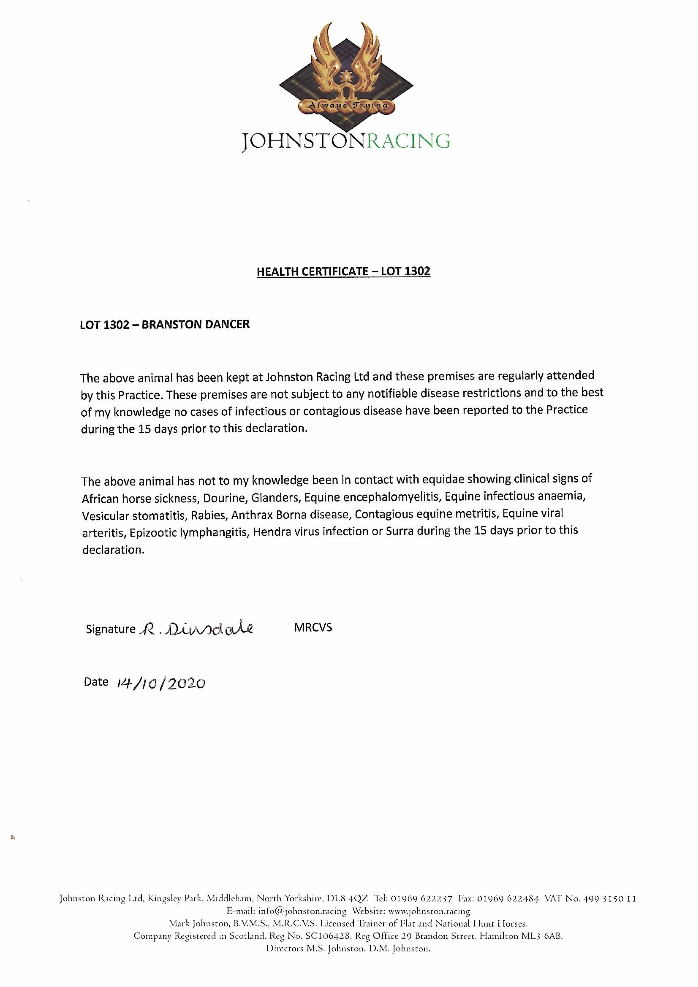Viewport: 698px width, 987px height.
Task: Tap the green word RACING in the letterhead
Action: (x=408, y=141)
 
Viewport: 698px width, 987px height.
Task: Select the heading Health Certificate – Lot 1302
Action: (x=343, y=272)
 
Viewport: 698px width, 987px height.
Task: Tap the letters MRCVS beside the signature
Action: (x=313, y=628)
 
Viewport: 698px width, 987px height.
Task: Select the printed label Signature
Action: (x=111, y=629)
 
